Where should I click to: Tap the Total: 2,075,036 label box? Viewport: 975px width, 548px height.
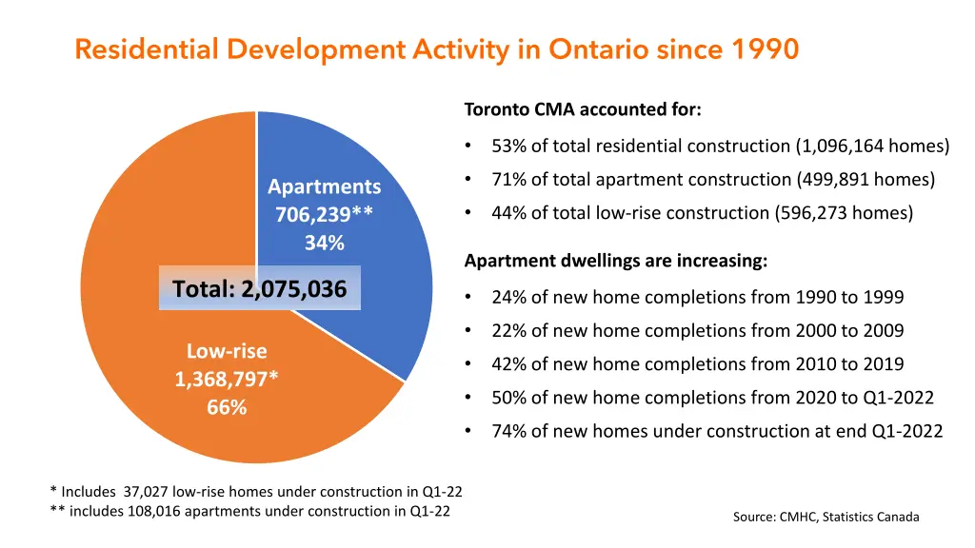pyautogui.click(x=259, y=288)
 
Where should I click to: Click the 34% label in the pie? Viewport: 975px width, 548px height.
pyautogui.click(x=324, y=244)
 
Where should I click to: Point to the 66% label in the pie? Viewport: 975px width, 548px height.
pyautogui.click(x=227, y=408)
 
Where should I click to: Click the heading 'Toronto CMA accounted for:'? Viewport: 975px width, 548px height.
pyautogui.click(x=583, y=109)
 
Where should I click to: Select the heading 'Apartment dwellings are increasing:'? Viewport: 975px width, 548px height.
pyautogui.click(x=615, y=261)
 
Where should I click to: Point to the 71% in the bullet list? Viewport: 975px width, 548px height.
pyautogui.click(x=509, y=180)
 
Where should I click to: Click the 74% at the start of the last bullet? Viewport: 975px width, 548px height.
pyautogui.click(x=509, y=432)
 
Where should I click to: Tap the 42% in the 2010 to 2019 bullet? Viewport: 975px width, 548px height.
pyautogui.click(x=509, y=364)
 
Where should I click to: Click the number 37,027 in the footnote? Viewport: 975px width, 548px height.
pyautogui.click(x=144, y=492)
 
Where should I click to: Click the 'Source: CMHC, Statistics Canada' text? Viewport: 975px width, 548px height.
pyautogui.click(x=826, y=517)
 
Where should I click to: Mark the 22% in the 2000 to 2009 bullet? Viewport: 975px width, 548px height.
pyautogui.click(x=509, y=331)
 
